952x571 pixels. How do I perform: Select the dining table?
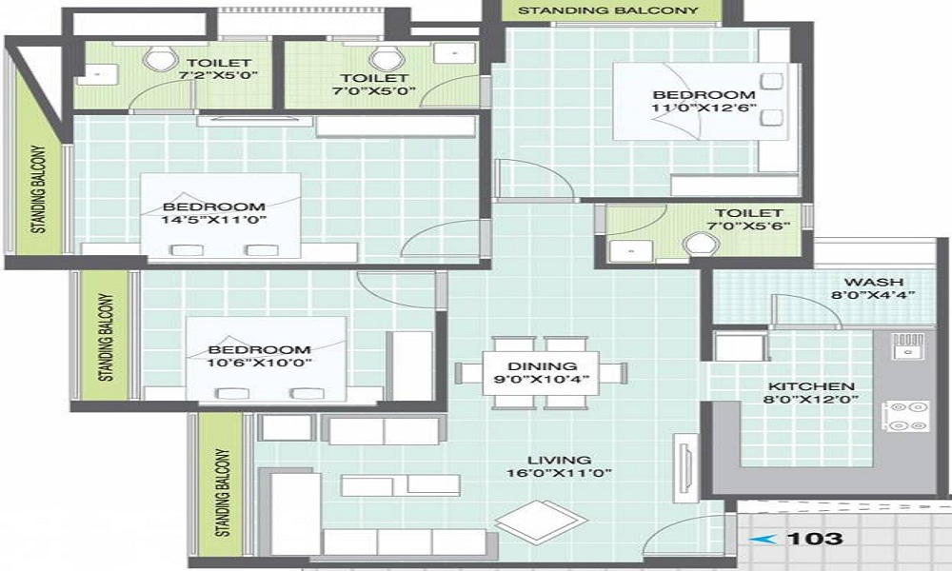click(x=542, y=371)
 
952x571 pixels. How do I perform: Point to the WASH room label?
click(x=867, y=282)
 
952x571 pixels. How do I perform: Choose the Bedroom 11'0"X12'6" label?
click(x=704, y=95)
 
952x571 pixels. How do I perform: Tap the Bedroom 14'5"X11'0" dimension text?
click(x=213, y=221)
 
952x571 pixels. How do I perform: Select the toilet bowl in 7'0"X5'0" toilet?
click(x=387, y=57)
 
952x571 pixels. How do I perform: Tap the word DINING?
click(x=543, y=365)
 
